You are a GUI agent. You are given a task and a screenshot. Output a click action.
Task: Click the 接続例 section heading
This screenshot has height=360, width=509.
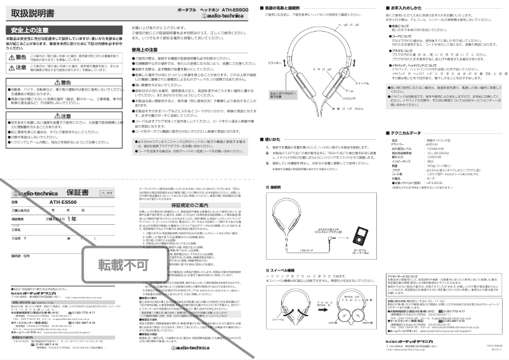click(x=274, y=188)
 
